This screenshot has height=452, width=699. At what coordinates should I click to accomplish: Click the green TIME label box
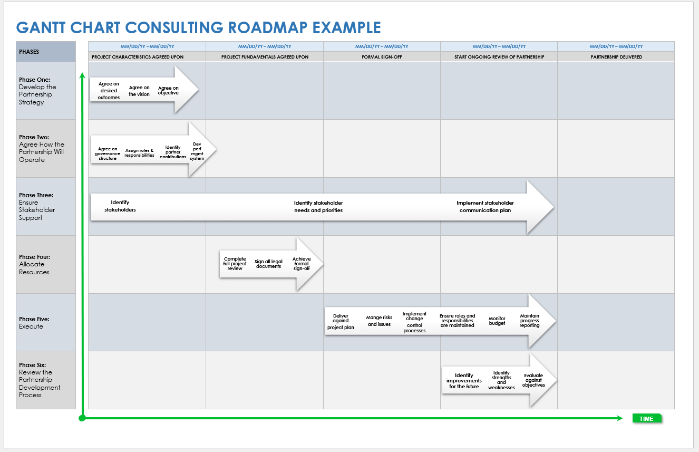[x=646, y=419]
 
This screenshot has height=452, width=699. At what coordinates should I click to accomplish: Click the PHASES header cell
[x=46, y=52]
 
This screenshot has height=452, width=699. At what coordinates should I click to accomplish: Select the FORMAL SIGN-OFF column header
[x=382, y=56]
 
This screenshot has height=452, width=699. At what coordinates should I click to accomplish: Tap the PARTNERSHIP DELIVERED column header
[x=616, y=56]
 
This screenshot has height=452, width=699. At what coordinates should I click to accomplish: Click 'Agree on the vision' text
[x=139, y=91]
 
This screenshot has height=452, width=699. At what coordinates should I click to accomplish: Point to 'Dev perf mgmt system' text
[x=197, y=151]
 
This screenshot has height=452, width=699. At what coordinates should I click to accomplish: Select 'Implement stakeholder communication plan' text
[x=485, y=206]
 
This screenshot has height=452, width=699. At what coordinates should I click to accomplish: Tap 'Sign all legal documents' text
[x=269, y=264]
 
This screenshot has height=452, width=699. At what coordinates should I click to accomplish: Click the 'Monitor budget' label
[x=497, y=321]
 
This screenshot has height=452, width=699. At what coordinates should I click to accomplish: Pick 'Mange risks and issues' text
[x=380, y=321]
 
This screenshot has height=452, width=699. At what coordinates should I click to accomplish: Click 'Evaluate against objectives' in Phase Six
[x=533, y=380]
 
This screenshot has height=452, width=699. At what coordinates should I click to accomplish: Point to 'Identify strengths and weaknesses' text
[x=501, y=380]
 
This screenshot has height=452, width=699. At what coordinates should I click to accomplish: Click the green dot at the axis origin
[x=82, y=418]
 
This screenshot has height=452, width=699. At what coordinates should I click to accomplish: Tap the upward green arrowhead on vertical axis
[x=82, y=76]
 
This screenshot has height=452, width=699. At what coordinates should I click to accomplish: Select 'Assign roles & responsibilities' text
[x=140, y=153]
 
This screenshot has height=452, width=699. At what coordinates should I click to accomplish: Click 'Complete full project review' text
[x=235, y=264]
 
